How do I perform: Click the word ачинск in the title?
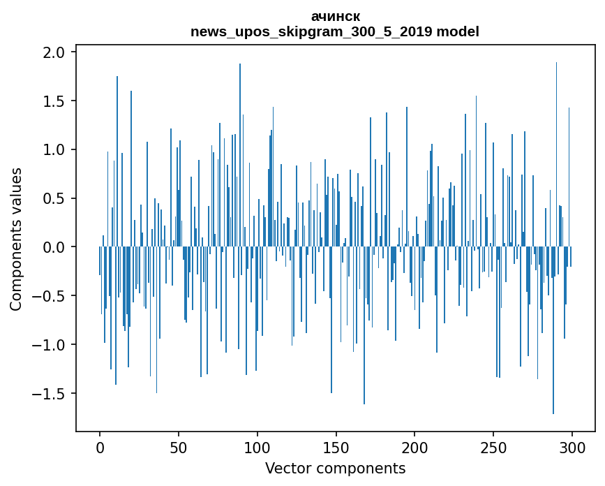tap(335, 16)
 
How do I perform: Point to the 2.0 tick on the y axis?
tap(53, 52)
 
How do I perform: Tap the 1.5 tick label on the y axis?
tap(53, 101)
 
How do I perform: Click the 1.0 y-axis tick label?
tap(53, 150)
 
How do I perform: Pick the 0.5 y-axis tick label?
tap(53, 198)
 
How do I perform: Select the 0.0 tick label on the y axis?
tap(53, 247)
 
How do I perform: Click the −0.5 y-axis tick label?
tap(49, 296)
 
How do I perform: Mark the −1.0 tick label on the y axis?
tap(49, 345)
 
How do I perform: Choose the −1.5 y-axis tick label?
tap(49, 394)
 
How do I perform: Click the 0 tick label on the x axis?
tap(100, 447)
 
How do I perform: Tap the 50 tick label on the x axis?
tap(179, 447)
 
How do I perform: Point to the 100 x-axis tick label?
tap(257, 447)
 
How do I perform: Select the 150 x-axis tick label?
tap(336, 447)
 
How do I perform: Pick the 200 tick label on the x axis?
tap(414, 447)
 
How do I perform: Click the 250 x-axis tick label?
tap(493, 447)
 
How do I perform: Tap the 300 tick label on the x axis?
tap(572, 447)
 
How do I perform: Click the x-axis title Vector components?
tap(335, 468)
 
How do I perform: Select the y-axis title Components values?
tap(16, 239)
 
